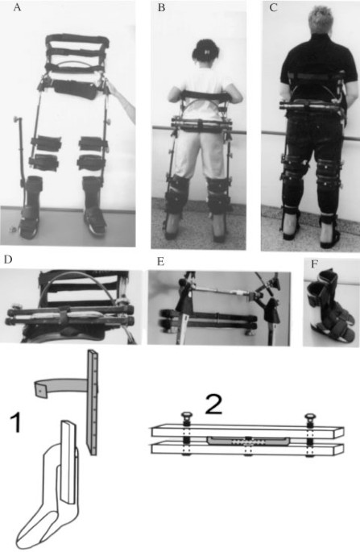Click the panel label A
(x=17, y=8)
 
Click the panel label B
(x=161, y=8)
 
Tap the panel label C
(x=274, y=8)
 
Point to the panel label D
(x=8, y=259)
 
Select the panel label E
(x=161, y=262)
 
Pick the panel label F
(x=315, y=264)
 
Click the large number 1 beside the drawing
(x=16, y=423)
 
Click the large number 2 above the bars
(x=213, y=405)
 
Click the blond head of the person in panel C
(x=321, y=20)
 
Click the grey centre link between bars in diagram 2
(x=248, y=441)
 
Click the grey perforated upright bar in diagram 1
(x=92, y=403)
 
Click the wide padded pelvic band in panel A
(x=75, y=89)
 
